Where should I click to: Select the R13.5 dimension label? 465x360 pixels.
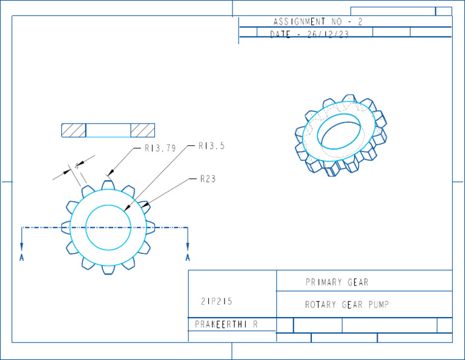point(211,146)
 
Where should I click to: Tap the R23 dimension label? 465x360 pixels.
point(208,179)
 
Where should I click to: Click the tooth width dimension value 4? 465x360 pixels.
point(76,166)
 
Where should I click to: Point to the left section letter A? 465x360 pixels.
point(22,258)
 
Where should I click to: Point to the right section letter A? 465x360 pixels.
point(188,258)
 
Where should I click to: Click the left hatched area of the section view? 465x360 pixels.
point(73,130)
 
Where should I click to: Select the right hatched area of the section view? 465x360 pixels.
point(143,130)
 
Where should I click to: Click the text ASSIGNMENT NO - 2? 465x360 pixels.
point(317,22)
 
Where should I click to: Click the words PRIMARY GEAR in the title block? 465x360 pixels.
point(337,282)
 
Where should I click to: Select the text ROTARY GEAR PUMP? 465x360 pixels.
point(346,305)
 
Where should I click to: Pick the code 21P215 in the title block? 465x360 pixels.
point(216,301)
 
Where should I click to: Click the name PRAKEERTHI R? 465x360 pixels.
point(226,324)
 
